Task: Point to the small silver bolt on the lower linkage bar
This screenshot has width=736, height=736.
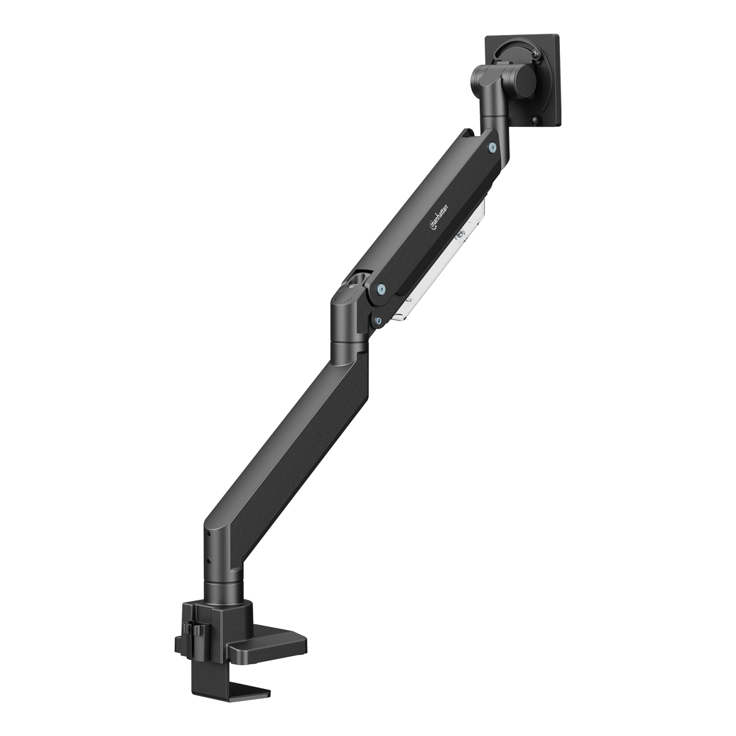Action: (378, 310)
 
